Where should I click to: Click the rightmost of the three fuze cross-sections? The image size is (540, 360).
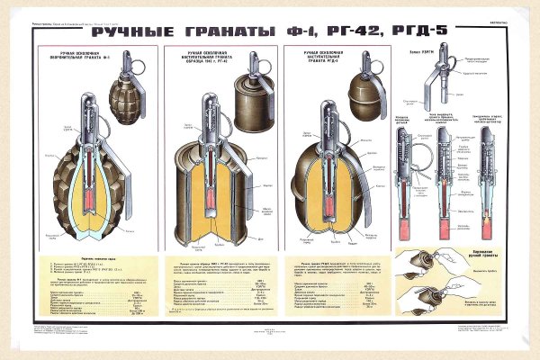tap(486, 180)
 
